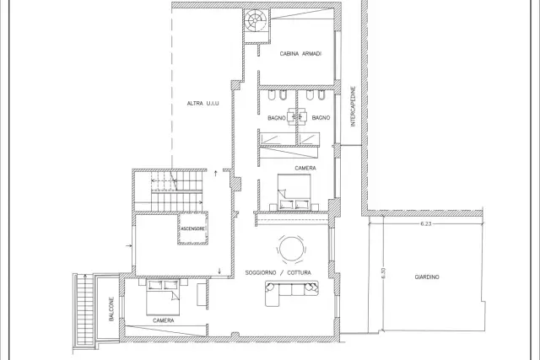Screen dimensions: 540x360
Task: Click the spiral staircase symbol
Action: coord(256,20)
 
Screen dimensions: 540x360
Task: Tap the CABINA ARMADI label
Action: coord(300,54)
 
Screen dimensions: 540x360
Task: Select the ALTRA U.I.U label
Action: coord(202,103)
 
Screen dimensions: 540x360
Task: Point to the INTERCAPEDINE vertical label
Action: coord(353,106)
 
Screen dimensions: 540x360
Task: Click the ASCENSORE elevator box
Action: coord(193,228)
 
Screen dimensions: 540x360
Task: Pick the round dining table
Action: coord(291,249)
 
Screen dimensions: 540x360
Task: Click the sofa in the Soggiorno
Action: coord(291,293)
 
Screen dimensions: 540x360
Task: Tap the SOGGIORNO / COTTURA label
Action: coord(278,272)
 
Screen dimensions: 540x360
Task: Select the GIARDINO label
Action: coord(427,277)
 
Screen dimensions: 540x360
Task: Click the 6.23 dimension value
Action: coord(426,223)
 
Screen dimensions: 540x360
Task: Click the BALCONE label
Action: coord(111,309)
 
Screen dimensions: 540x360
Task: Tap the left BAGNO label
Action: coord(277,118)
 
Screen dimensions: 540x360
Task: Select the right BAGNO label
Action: coord(321,118)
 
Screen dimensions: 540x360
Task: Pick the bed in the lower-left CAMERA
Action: coord(163,298)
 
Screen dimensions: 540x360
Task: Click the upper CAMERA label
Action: coord(305,168)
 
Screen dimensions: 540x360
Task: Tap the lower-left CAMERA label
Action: coord(163,320)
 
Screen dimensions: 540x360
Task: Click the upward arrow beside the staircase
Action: coord(216,173)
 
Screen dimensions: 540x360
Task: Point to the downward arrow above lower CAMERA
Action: coord(219,271)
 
